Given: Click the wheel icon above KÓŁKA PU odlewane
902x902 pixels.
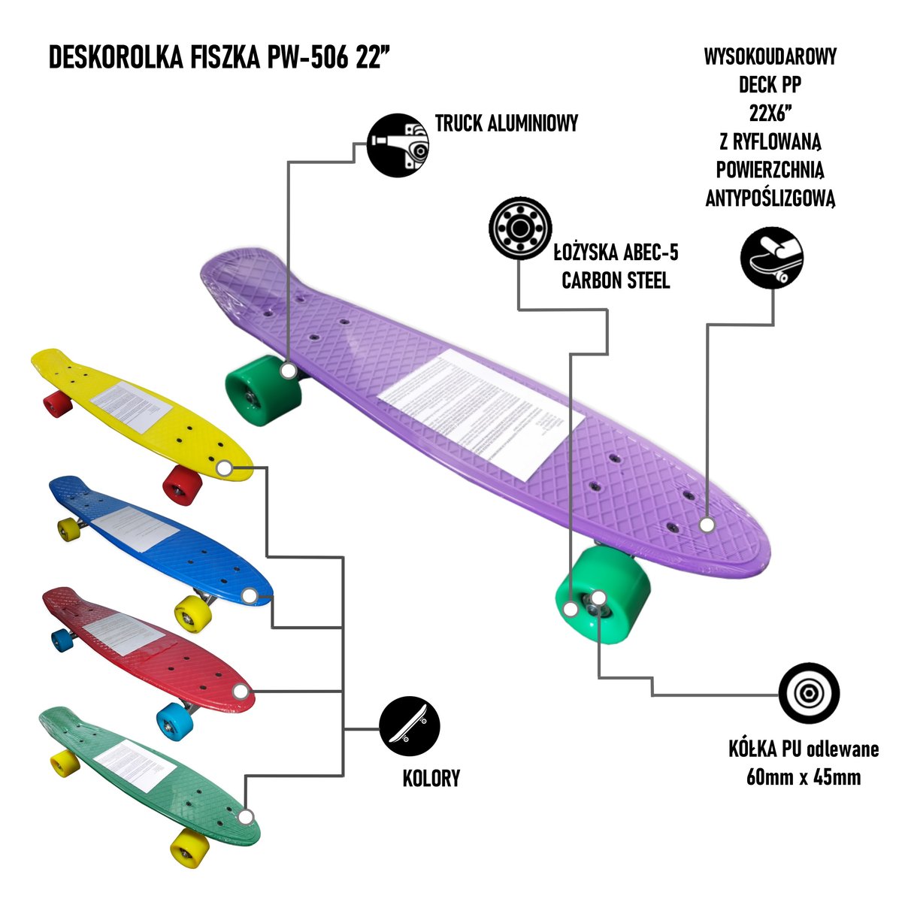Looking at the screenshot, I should [809, 693].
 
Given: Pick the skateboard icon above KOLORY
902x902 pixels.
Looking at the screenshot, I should [409, 727].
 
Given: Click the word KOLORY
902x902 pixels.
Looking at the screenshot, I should [431, 778].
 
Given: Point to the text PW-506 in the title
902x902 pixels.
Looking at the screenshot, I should [307, 57].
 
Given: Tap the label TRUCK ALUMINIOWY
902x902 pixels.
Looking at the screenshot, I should [507, 123].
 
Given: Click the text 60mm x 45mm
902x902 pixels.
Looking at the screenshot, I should [804, 776].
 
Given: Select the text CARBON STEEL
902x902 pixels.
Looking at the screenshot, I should [616, 280].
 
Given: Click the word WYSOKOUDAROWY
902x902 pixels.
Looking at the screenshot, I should [770, 57].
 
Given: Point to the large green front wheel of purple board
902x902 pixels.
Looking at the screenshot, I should [601, 594].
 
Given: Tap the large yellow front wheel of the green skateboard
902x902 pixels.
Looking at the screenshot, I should [189, 849].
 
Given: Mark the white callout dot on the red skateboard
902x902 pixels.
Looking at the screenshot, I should [240, 691].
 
